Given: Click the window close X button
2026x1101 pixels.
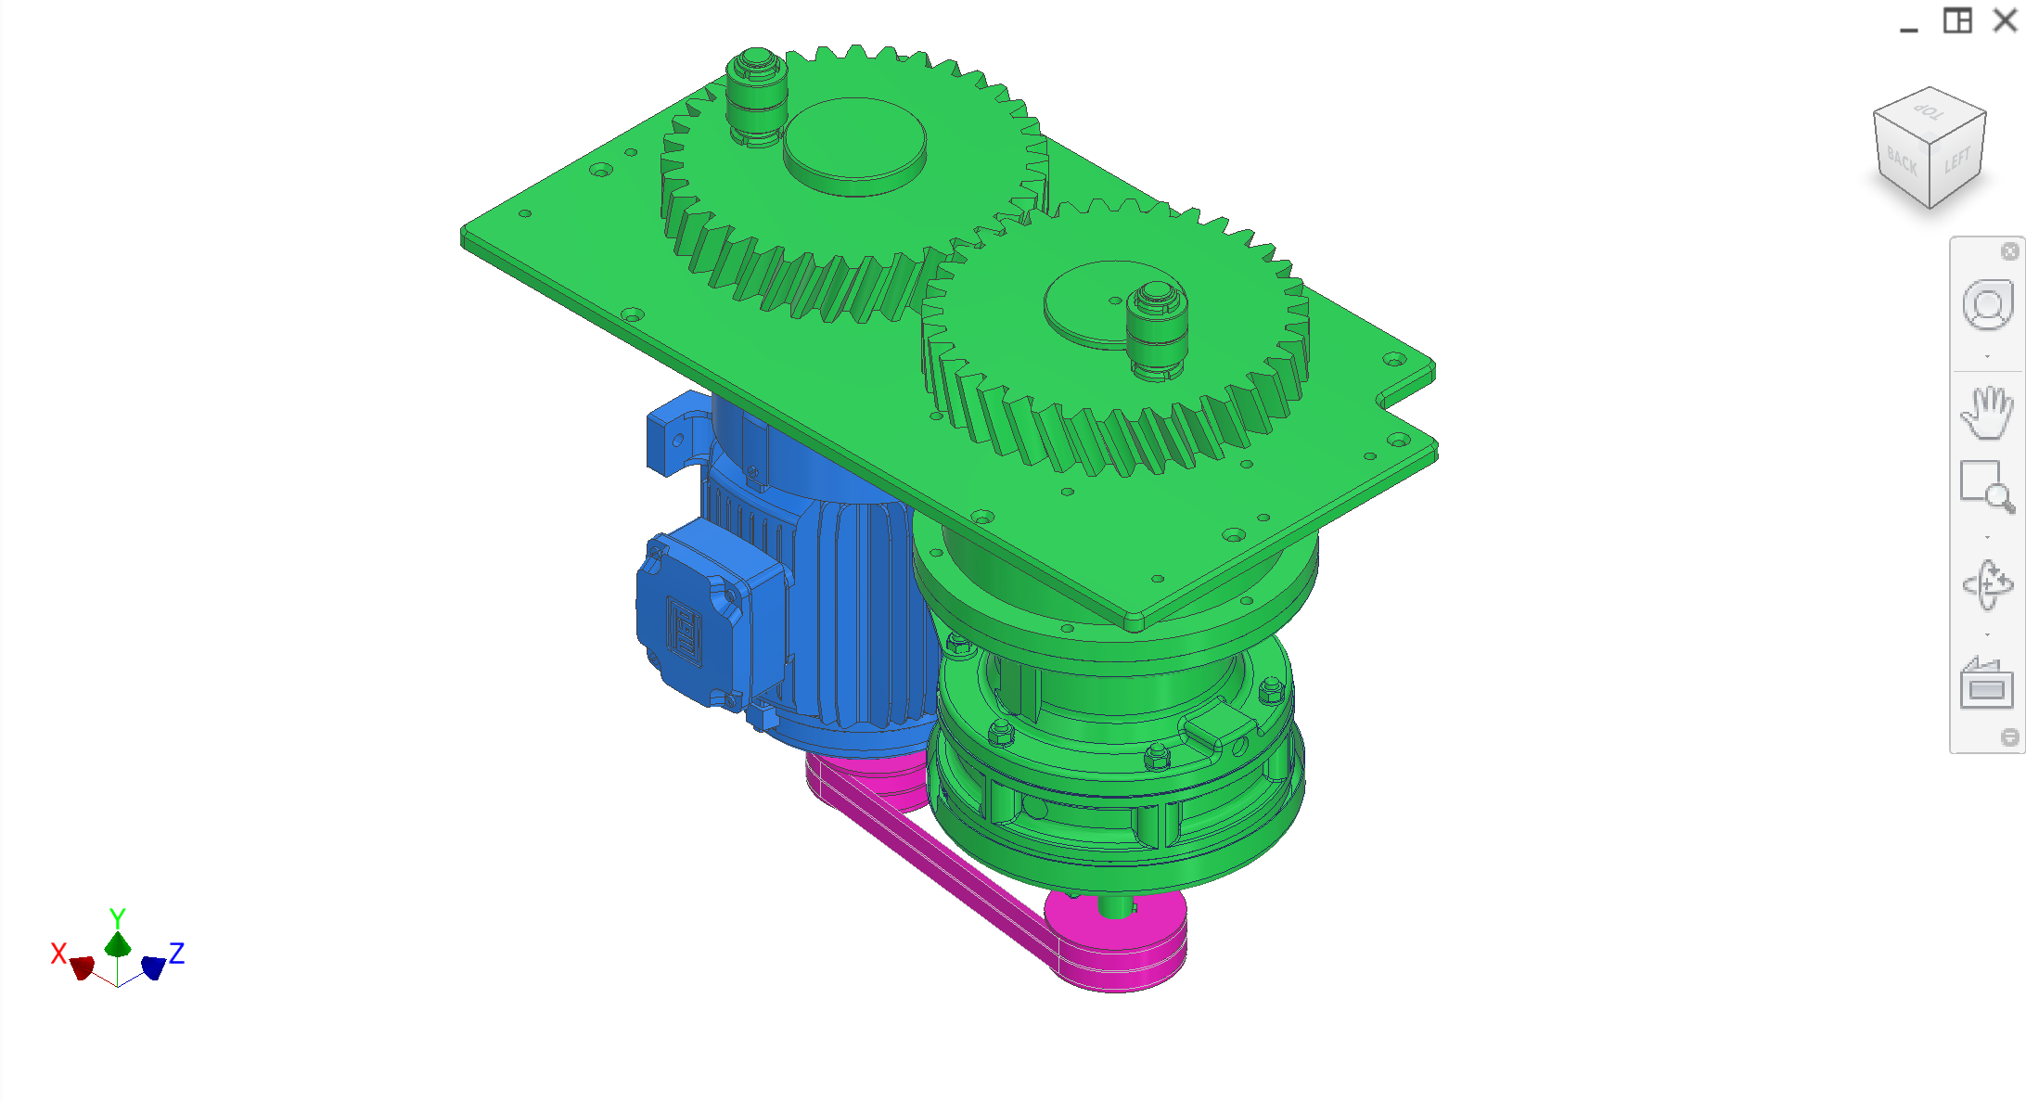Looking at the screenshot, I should tap(2005, 20).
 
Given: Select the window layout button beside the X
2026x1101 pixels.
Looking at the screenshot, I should tap(1957, 20).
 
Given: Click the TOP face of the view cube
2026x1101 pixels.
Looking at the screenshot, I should tap(1930, 112).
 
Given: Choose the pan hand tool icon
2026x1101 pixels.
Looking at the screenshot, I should tap(1987, 413).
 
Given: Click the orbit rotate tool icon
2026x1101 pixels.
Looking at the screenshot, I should tap(1987, 584).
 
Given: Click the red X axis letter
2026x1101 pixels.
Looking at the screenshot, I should tap(58, 953).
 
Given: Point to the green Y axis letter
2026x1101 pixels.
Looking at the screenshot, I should tap(117, 917).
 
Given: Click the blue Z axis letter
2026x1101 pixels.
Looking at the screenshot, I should tap(176, 953).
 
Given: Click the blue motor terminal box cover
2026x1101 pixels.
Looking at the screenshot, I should tap(691, 617).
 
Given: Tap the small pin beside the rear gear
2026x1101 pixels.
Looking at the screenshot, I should tap(756, 93).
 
